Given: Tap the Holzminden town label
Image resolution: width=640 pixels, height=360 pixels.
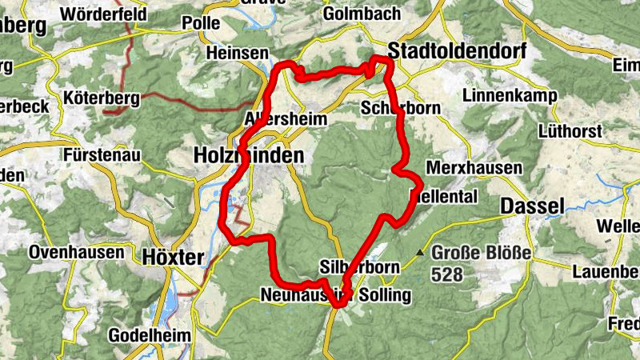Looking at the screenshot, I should coord(249,156).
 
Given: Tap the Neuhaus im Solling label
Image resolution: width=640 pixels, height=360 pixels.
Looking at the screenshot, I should coord(335,296).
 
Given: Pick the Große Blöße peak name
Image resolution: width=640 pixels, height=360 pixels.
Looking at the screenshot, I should coord(481,254).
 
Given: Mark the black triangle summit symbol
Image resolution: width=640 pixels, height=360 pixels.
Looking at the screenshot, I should coord(421,254).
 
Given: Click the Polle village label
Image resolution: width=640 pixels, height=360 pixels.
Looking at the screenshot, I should coord(201,23).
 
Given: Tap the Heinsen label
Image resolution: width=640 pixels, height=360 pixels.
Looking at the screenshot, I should coord(237,53).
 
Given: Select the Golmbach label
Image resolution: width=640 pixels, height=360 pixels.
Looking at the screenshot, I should coord(354,14).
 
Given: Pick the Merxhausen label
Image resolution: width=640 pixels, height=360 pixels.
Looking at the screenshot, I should coord(474,169).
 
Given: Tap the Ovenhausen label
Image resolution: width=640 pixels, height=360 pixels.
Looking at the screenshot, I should coord(77,252).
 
